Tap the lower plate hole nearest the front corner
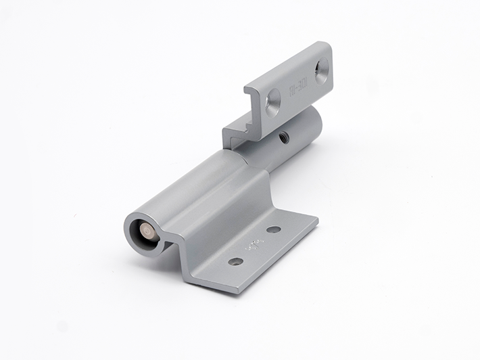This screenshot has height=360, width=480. click(x=235, y=261)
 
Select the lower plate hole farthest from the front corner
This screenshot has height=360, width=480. click(x=274, y=229)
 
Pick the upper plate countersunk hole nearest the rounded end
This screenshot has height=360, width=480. click(x=322, y=70)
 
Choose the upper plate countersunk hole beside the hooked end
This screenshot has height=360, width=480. click(x=272, y=102)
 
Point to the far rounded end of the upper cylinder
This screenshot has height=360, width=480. click(x=316, y=122)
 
